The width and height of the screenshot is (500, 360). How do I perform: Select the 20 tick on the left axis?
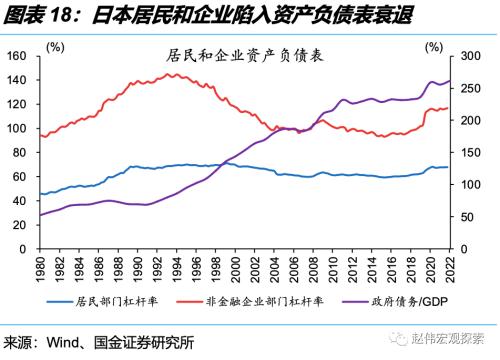(21, 225)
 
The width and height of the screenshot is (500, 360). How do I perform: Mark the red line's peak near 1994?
(172, 74)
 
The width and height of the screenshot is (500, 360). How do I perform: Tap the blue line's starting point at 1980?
(40, 195)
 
